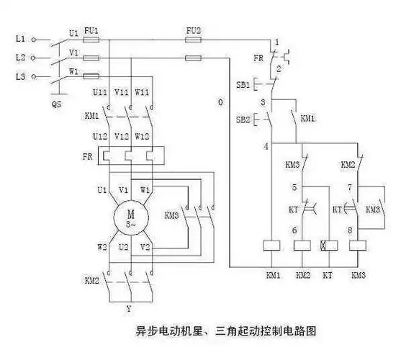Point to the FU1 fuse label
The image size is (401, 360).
pyautogui.click(x=91, y=31)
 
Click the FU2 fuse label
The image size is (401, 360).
pyautogui.click(x=192, y=31)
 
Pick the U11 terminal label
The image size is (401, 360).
pyautogui.click(x=100, y=92)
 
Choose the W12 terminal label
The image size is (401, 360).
pyautogui.click(x=142, y=136)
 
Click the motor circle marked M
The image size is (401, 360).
pyautogui.click(x=131, y=215)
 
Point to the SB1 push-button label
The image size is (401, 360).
pyautogui.click(x=243, y=84)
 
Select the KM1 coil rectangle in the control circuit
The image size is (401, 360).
pyautogui.click(x=273, y=245)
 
